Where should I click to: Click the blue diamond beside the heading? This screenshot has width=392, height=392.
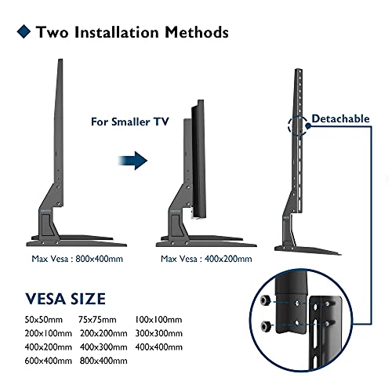point(24,31)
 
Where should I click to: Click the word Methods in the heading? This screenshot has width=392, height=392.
point(197,32)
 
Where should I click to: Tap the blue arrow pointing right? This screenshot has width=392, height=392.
point(132,161)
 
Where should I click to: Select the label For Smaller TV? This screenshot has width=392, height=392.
point(130,122)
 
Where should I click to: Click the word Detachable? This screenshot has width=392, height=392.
point(340,118)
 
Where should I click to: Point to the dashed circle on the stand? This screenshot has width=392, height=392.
point(289,126)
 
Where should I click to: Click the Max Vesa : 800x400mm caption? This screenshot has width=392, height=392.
point(77,259)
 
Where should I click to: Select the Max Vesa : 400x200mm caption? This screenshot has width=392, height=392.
point(206,259)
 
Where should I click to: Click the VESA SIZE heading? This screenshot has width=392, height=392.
point(65,299)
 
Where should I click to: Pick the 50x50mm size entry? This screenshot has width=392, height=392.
point(44,320)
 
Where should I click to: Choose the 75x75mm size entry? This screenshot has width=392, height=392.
point(97,320)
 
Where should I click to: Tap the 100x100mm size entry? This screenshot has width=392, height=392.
point(158,320)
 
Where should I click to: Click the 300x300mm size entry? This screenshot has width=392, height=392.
point(159,333)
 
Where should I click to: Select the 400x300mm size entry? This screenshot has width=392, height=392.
point(103,347)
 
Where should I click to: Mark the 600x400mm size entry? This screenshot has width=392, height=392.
point(49,361)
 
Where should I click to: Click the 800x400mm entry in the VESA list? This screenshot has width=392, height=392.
point(103,361)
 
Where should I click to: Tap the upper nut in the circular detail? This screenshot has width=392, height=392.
point(266,300)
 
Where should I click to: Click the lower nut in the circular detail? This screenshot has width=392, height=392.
point(266,325)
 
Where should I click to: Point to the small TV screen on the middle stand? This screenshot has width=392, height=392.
point(199,158)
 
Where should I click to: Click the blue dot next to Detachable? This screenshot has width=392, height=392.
point(308,126)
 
